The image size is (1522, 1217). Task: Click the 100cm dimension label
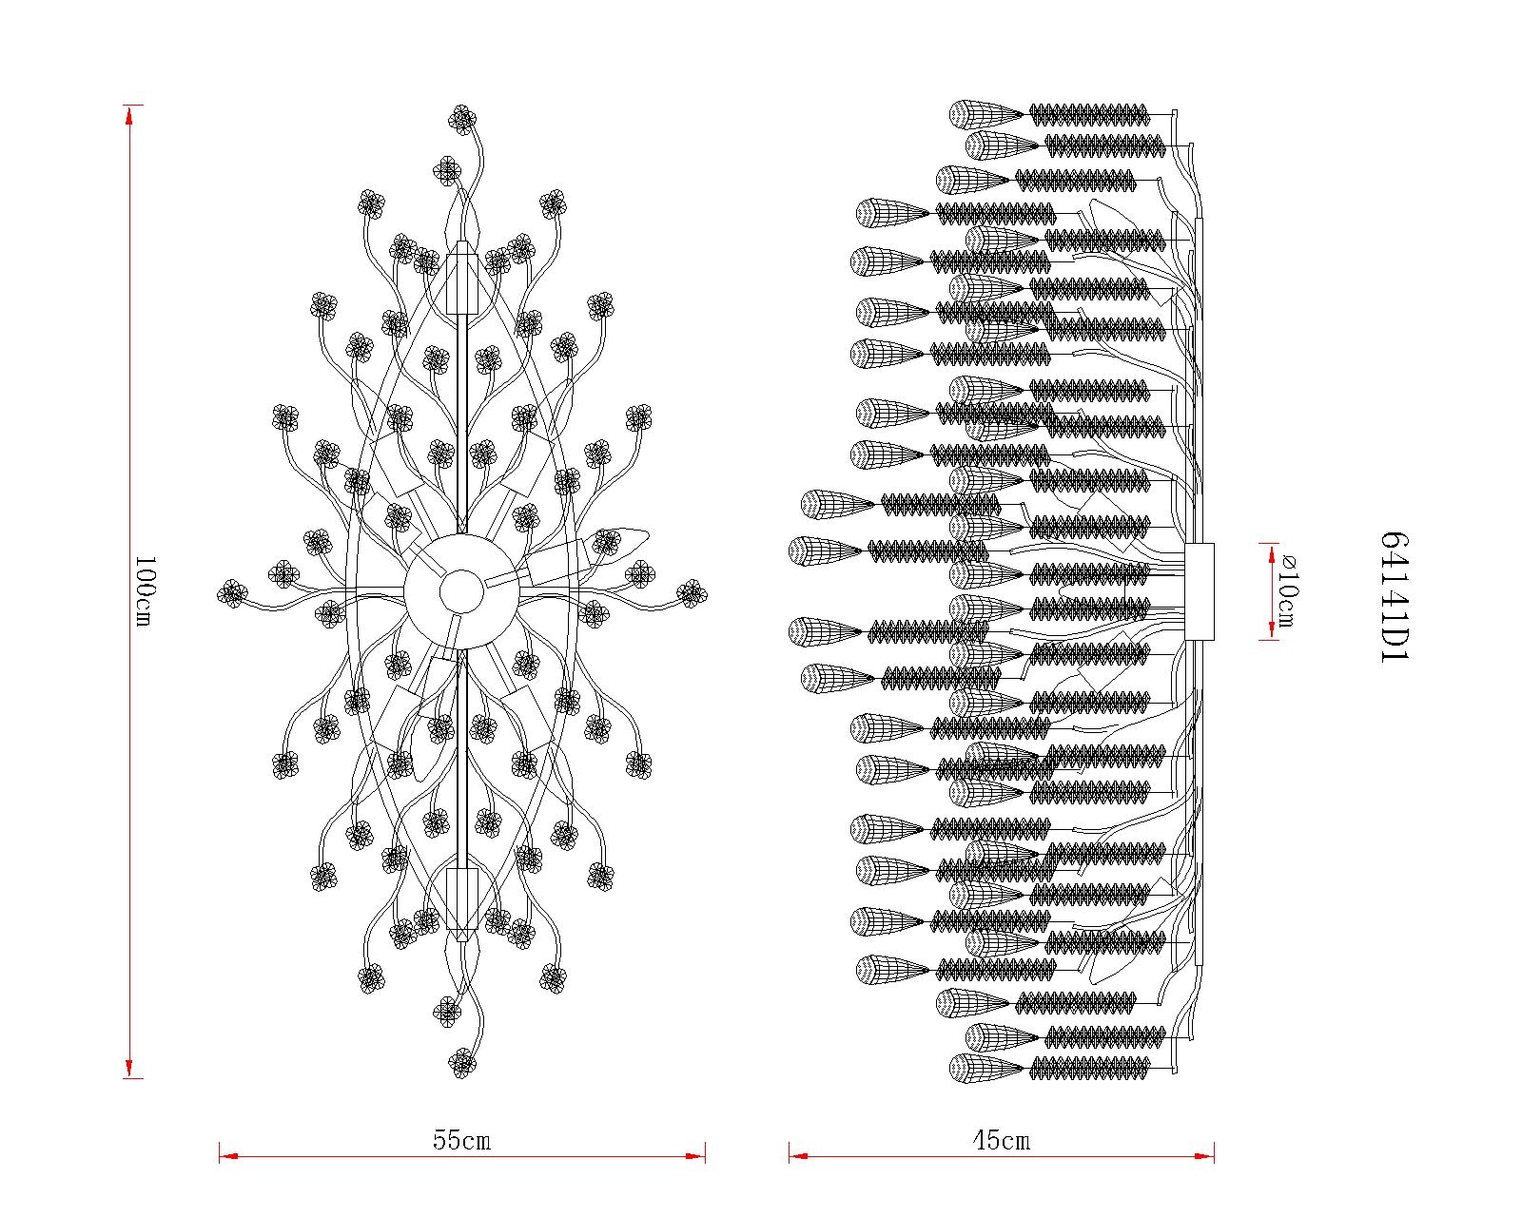pos(144,591)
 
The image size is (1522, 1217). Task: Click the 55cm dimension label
pos(461,1140)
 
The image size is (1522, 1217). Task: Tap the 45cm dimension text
pos(1002,1140)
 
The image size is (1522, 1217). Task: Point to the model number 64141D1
pos(1395,597)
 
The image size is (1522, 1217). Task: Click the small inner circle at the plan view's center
pos(462,592)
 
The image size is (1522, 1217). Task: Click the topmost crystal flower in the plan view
pos(462,119)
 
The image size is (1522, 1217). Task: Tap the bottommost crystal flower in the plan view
pos(462,1064)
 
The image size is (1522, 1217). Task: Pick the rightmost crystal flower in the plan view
pos(691,592)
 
